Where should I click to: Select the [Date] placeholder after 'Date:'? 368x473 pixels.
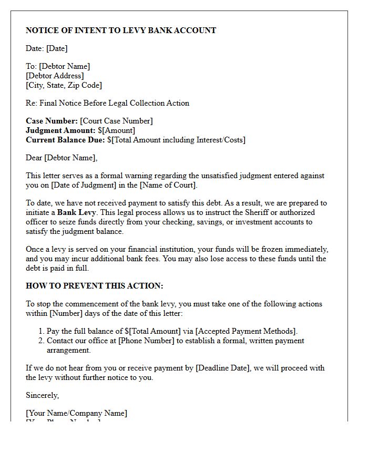point(57,48)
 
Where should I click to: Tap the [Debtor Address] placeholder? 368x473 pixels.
point(54,76)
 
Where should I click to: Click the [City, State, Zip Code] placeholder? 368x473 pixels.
point(64,85)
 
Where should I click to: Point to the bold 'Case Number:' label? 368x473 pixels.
point(52,121)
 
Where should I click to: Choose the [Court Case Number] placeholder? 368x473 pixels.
point(116,121)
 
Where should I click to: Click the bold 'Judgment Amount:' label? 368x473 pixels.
point(60,130)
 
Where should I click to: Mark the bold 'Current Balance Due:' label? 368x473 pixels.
point(65,140)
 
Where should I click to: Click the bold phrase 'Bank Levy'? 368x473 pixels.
point(76,212)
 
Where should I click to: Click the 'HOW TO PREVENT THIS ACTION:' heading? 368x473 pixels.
point(95,286)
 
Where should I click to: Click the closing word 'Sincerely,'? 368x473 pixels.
point(42,395)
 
